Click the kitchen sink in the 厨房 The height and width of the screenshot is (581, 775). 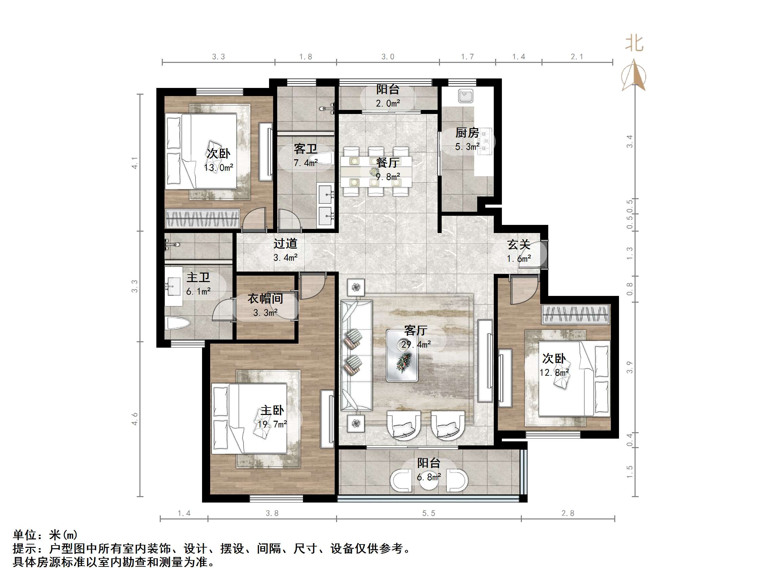pos(466,96)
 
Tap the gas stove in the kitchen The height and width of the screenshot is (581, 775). pos(486,141)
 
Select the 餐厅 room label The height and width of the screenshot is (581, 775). pos(388,163)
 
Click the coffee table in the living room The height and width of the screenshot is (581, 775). pos(402,355)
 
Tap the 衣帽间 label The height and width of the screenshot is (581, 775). pos(265,299)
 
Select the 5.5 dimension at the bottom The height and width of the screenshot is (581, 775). pos(428,513)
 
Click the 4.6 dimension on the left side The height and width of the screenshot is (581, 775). pos(135,419)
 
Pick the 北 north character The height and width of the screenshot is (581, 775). pos(635,44)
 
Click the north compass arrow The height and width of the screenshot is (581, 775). pos(634,75)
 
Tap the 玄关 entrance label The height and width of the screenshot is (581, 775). pos(518,245)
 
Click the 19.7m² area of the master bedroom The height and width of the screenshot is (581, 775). pos(272,424)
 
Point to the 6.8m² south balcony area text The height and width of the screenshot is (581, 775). pos(428,477)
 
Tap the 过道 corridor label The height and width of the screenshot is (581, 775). pos(285,243)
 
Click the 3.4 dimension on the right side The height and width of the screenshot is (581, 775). pos(629,141)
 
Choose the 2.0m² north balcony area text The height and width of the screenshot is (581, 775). pos(388,103)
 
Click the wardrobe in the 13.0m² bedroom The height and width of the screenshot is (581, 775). pos(202,218)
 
